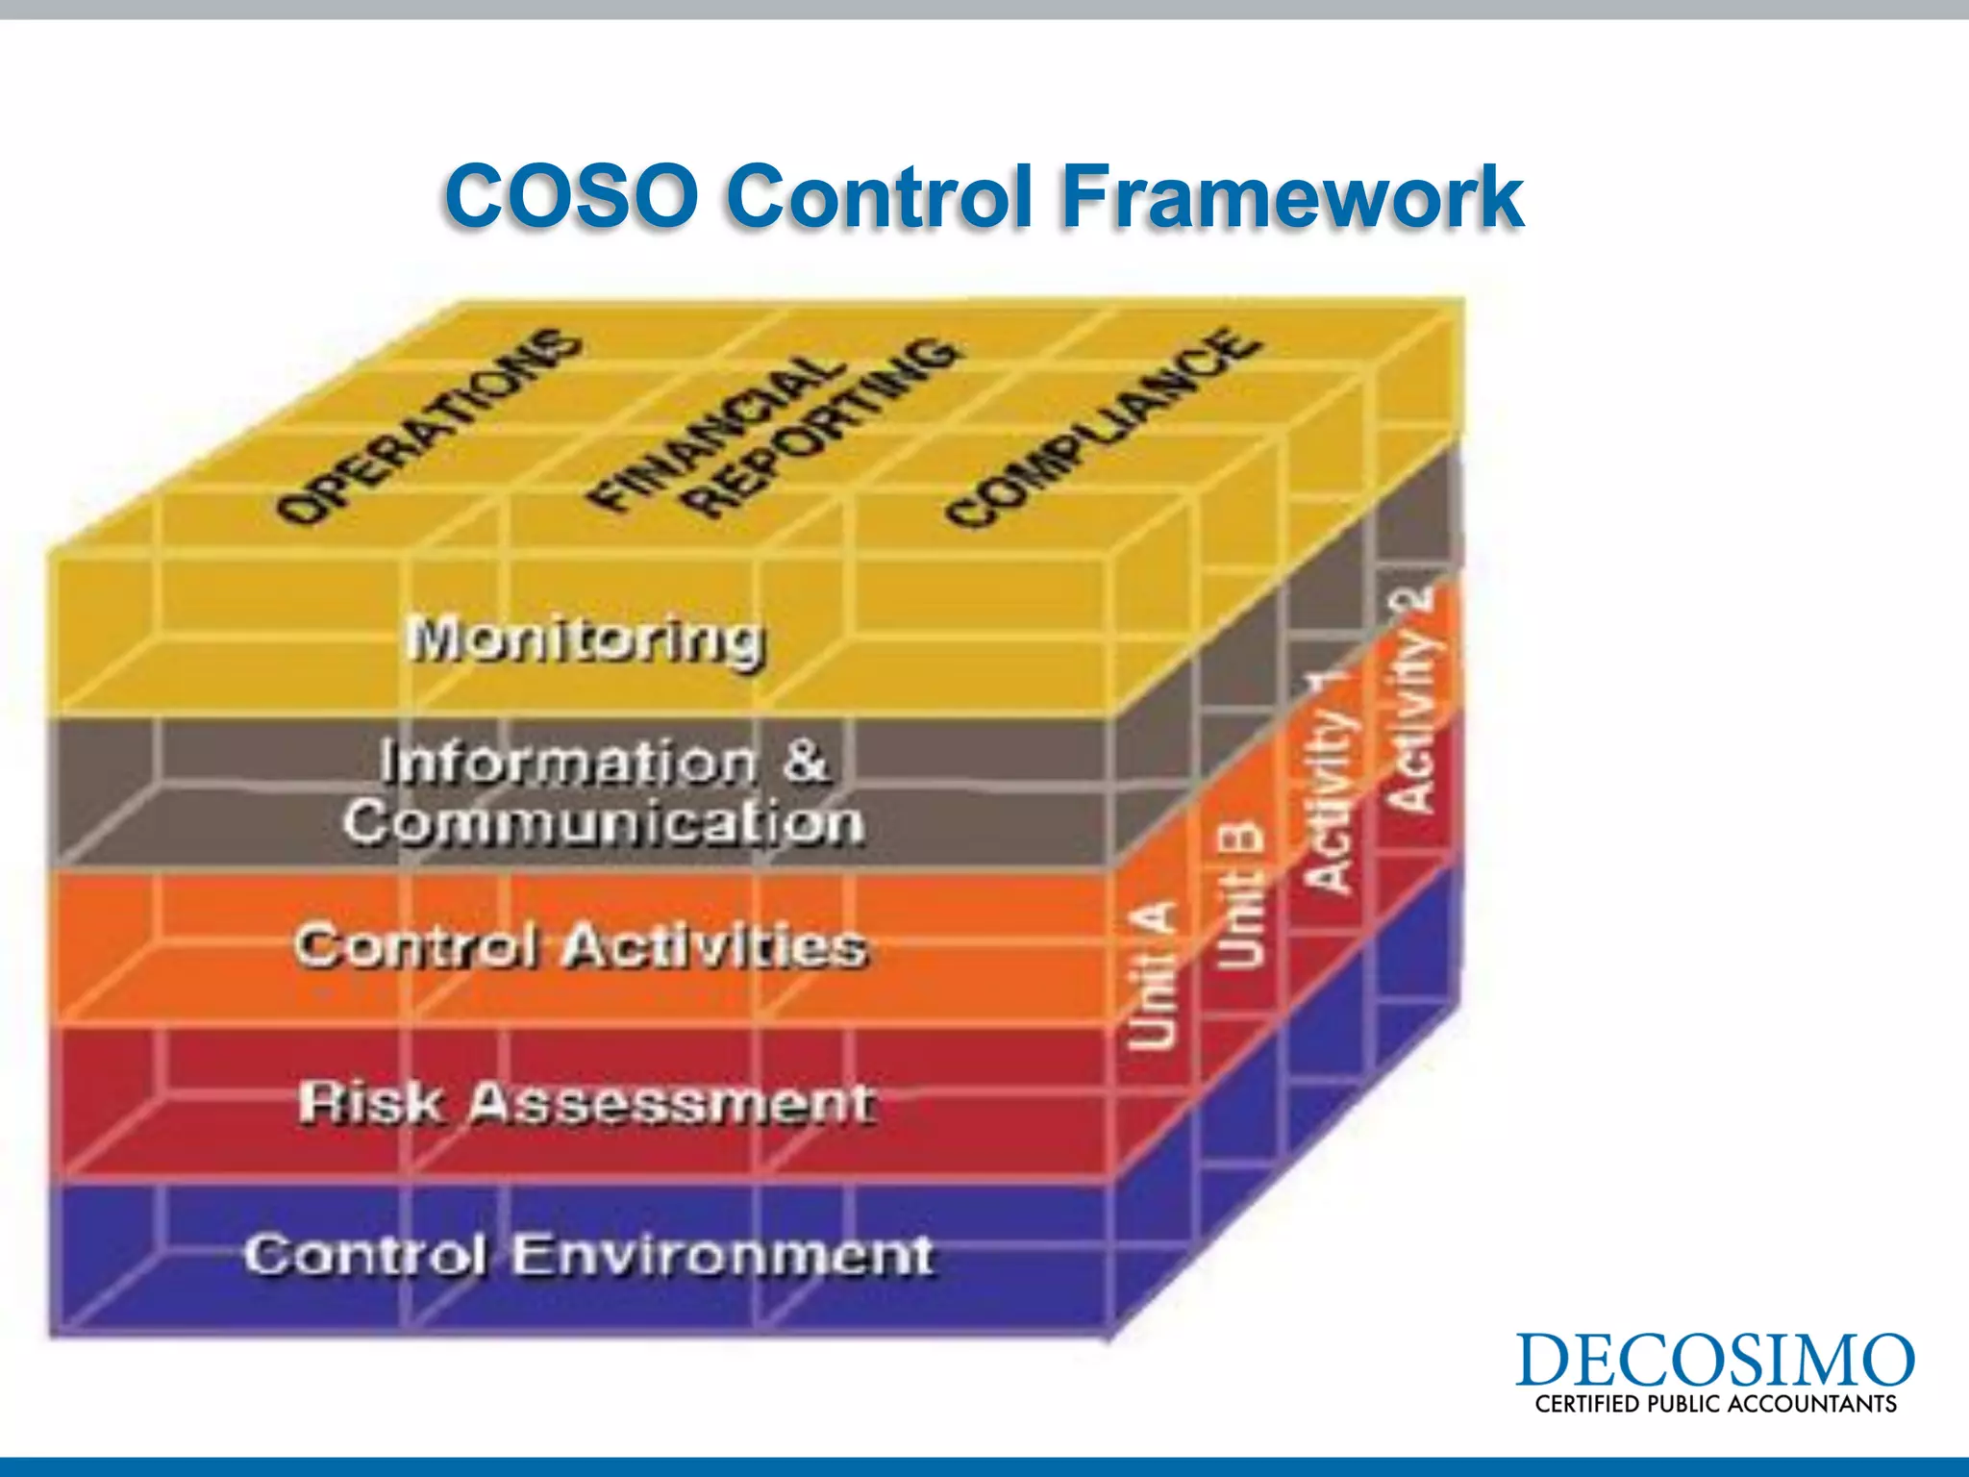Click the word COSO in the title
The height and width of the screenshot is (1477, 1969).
pos(571,196)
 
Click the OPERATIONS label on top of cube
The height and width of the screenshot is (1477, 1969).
pos(428,427)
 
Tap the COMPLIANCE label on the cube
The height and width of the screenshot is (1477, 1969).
pos(1102,427)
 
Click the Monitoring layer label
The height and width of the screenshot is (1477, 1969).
pos(586,639)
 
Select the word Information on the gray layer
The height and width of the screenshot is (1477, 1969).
pos(567,763)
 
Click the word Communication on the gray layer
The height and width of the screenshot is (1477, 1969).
pos(604,823)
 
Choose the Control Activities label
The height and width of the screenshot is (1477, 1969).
pos(581,946)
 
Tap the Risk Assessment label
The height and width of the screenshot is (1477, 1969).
pos(586,1102)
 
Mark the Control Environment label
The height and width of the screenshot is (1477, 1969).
pos(588,1255)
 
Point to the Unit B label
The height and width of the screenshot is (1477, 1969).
pos(1241,894)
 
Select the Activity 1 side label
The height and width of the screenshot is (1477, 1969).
pos(1331,784)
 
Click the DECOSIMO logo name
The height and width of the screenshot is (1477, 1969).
pos(1714,1361)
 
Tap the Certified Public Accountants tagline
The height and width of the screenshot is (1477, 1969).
pos(1715,1404)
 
